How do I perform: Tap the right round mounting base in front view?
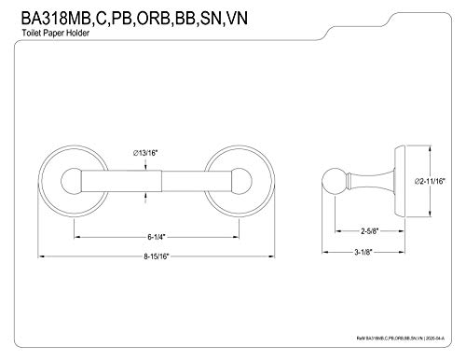229,177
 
